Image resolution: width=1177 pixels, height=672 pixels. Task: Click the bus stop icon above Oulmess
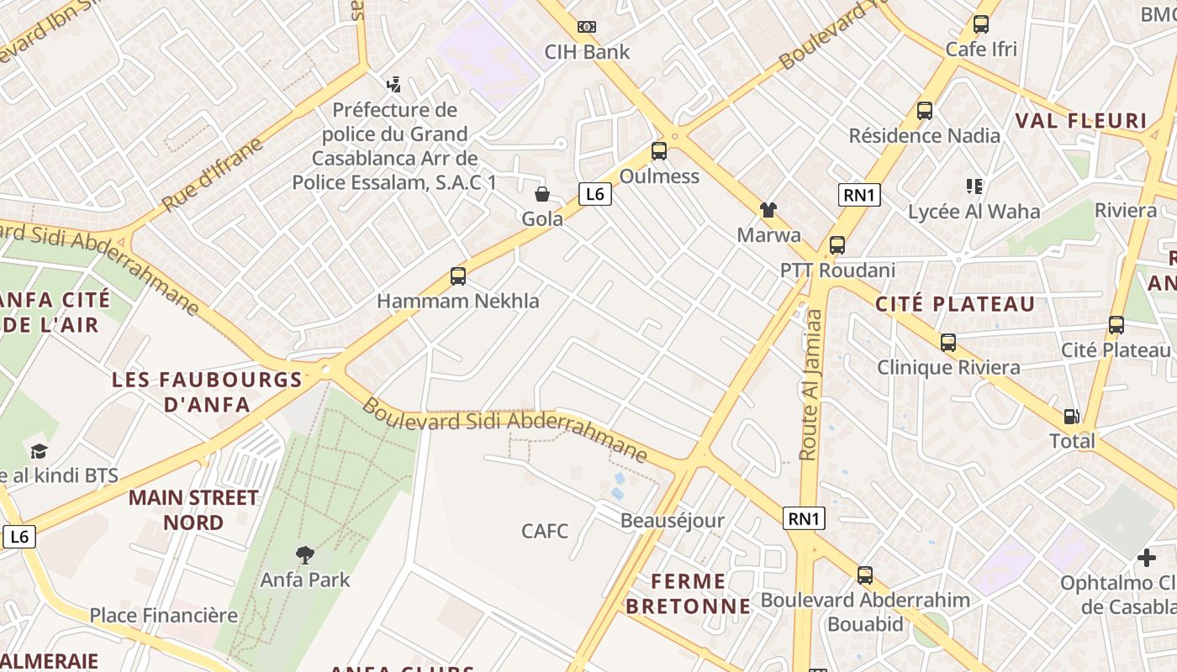tap(659, 151)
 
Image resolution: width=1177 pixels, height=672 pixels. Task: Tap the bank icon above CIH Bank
tap(587, 27)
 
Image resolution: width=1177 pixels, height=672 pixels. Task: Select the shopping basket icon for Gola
tap(542, 194)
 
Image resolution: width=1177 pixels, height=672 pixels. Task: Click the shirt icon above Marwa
tap(768, 210)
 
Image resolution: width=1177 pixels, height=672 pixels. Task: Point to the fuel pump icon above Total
tap(1072, 416)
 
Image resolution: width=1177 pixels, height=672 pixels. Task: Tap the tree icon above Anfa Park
tap(305, 554)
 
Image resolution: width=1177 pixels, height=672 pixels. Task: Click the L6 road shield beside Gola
tap(594, 195)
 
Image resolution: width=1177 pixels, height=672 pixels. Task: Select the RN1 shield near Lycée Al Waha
tap(859, 196)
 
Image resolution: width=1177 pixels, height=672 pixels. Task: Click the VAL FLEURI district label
tap(1081, 121)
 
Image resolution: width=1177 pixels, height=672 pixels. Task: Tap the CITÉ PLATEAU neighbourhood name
tap(955, 304)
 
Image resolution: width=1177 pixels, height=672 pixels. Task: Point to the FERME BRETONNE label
tap(689, 593)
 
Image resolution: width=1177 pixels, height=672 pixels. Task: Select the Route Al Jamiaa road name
tap(811, 385)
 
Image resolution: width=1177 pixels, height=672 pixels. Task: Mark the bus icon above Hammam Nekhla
tap(458, 276)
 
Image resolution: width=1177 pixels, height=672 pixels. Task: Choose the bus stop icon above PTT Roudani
tap(837, 245)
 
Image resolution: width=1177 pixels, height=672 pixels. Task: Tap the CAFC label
tap(545, 531)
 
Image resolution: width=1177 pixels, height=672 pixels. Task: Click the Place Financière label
tap(164, 616)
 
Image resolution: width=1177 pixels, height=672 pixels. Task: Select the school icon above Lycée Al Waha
tap(974, 186)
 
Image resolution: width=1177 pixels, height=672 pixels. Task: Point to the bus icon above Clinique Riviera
tap(948, 343)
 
